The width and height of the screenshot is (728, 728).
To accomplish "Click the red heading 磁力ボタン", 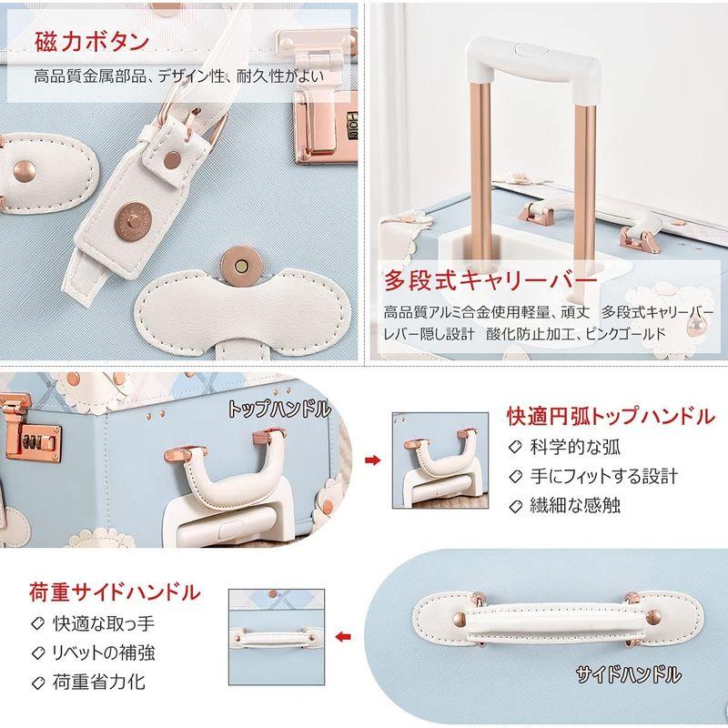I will point(92,42).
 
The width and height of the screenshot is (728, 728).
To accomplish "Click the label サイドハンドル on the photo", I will point(627,674).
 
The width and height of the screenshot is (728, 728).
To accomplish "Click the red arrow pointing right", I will point(371,460).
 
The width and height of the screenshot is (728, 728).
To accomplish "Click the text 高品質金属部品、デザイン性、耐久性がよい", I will point(178,76).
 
